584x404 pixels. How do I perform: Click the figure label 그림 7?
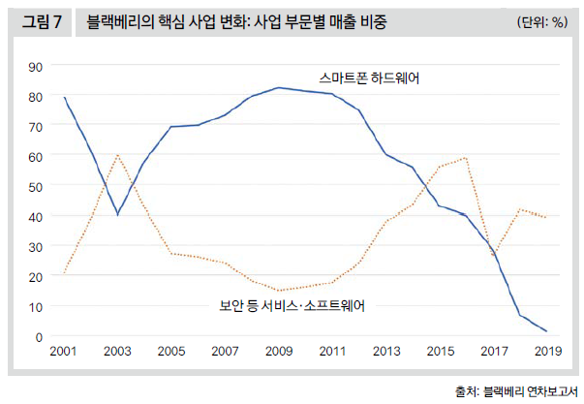pyautogui.click(x=40, y=21)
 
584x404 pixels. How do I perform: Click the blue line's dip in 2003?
pyautogui.click(x=118, y=214)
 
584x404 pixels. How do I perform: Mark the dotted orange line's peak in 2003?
pyautogui.click(x=118, y=155)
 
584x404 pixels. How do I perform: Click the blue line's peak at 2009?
pyautogui.click(x=279, y=88)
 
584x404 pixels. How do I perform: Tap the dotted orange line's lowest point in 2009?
pyautogui.click(x=279, y=291)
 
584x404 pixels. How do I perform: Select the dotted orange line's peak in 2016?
pyautogui.click(x=467, y=158)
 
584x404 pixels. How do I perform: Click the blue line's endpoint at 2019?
pyautogui.click(x=546, y=331)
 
